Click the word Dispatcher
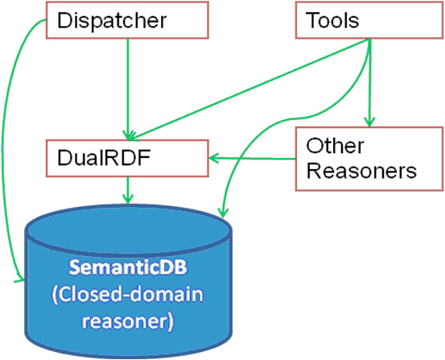[112, 20]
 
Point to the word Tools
[332, 20]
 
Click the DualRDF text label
[104, 158]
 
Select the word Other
[335, 146]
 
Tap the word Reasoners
[361, 171]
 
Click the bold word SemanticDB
[128, 267]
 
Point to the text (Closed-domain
[128, 295]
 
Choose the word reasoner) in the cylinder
[128, 321]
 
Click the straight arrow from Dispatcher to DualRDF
[128, 89]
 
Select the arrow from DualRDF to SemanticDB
[128, 190]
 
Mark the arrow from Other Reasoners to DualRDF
[253, 159]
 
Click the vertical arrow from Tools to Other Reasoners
[369, 82]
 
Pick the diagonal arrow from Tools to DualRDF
[249, 89]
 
